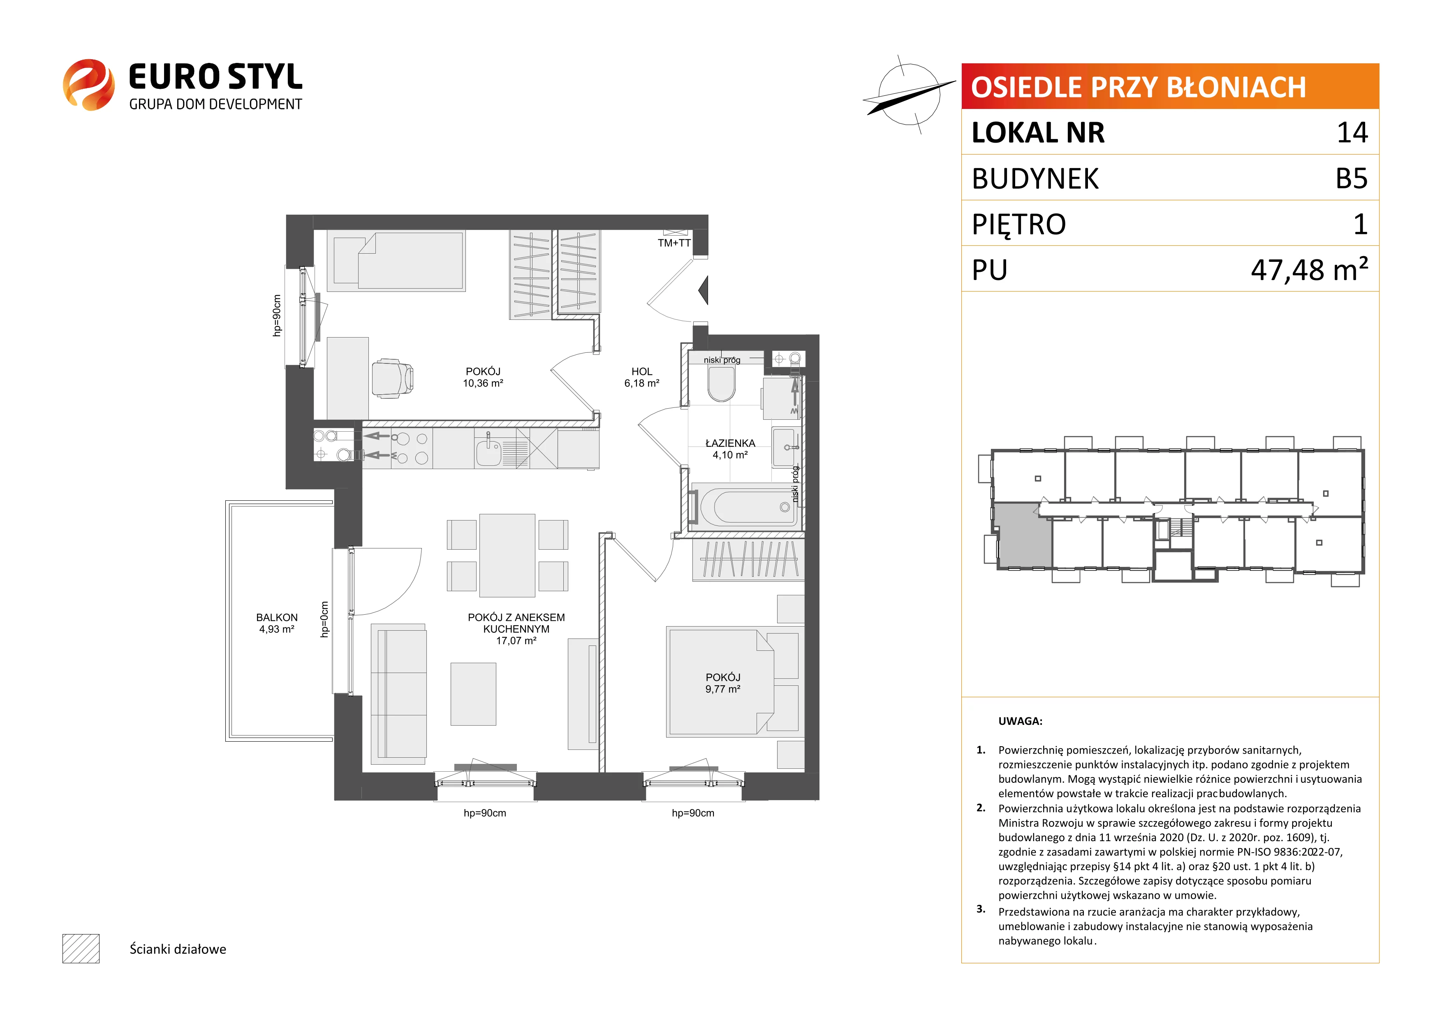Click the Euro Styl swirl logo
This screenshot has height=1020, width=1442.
coord(88,85)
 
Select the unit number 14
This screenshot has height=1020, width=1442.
coord(1352,132)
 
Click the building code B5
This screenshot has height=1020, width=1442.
coord(1352,178)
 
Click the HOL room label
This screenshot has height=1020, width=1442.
coord(642,372)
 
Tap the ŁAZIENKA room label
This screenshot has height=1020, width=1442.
coord(730,443)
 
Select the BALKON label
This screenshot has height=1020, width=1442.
coord(277,618)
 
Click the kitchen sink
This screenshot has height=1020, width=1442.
coord(488,451)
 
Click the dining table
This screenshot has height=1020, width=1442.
coord(507,555)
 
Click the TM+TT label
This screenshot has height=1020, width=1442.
coord(674,243)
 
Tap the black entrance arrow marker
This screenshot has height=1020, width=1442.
coord(704,290)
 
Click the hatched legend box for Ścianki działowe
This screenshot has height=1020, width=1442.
coord(81,948)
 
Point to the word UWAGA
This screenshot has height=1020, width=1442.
coord(1020,721)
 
